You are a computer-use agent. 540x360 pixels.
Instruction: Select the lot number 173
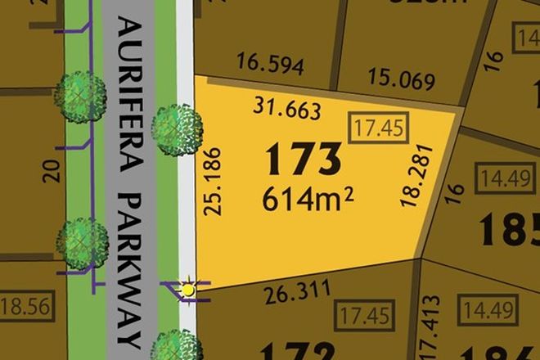click(x=303, y=160)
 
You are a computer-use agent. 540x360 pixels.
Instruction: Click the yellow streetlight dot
click(x=189, y=288)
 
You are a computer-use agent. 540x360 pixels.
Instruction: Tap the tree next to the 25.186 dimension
click(x=177, y=128)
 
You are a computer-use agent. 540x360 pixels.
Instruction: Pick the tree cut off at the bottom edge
click(x=177, y=346)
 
